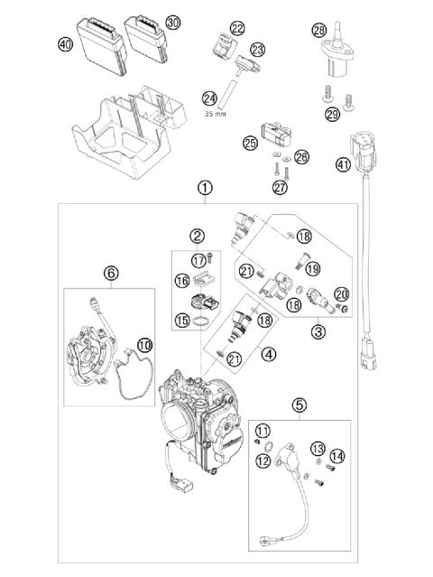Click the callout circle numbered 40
64,43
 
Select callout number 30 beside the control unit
173,21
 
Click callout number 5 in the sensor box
299,406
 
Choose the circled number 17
198,261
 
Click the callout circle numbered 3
318,332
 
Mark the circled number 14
338,455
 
